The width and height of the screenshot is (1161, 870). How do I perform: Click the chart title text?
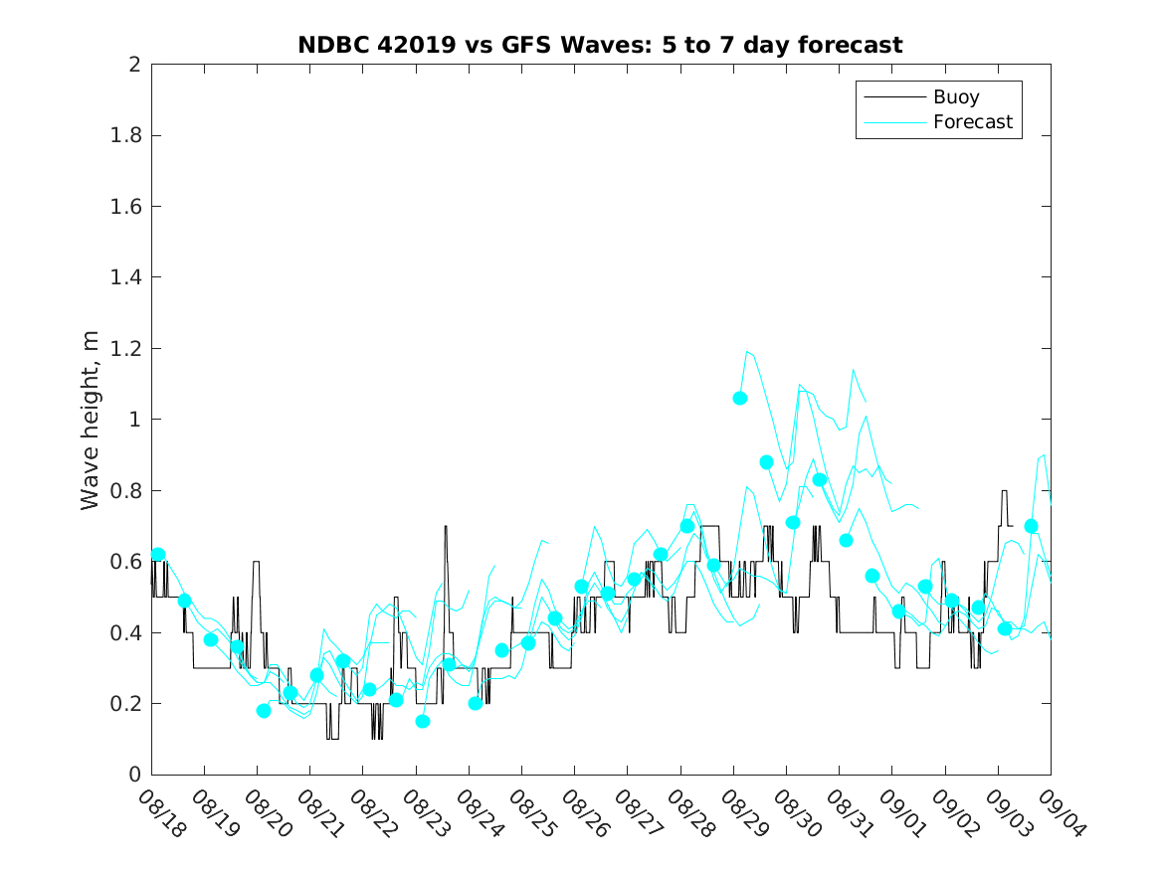pos(600,46)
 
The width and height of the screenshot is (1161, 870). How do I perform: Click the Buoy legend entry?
pos(955,97)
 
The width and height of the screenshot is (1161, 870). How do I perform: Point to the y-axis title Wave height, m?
pos(91,419)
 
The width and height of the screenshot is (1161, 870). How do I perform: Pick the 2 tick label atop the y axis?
pos(133,65)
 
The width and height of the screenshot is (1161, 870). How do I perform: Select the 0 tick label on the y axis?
pos(133,775)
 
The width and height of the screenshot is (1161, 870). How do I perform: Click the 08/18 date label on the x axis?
pos(159,813)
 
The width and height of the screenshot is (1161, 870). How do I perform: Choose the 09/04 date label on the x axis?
pos(1059,813)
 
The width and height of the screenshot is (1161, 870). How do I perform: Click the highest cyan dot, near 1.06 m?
pos(740,398)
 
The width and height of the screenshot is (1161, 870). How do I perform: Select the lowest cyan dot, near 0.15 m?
pos(423,721)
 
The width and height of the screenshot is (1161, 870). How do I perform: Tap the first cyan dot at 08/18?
pos(158,555)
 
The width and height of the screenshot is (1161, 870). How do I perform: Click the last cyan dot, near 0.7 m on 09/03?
pos(1032,526)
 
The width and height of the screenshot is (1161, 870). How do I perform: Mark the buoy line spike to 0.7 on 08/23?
pos(446,526)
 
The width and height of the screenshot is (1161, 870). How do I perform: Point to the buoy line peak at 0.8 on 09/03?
pos(1005,491)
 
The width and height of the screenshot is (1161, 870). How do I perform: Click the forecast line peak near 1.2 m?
pos(747,351)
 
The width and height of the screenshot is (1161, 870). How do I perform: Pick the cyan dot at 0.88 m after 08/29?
pos(766,462)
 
